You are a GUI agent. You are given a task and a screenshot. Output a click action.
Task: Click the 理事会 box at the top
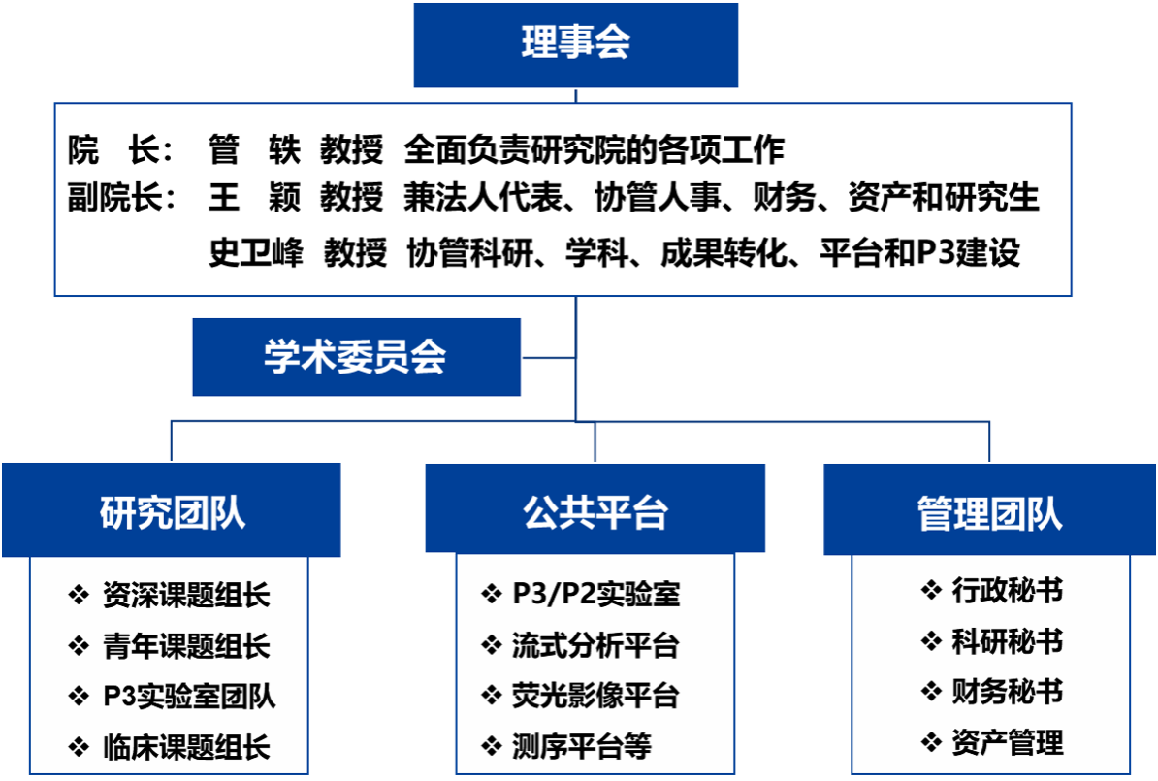(x=575, y=45)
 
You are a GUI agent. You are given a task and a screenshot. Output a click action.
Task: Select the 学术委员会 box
(x=356, y=357)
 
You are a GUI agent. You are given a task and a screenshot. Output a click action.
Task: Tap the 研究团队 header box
(x=172, y=509)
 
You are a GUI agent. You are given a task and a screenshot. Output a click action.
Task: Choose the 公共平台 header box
(x=595, y=508)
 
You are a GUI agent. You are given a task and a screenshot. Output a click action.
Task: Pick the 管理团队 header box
(x=989, y=509)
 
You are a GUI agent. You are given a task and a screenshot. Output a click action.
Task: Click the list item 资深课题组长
(x=186, y=595)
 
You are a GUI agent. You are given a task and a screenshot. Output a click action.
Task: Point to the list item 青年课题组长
(x=186, y=646)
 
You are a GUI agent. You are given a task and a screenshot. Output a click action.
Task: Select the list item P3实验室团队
(x=189, y=696)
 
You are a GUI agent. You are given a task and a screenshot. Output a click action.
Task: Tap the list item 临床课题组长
(x=186, y=747)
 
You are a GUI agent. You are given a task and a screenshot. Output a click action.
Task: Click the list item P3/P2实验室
(x=596, y=594)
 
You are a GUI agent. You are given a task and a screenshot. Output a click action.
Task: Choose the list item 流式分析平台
(x=595, y=645)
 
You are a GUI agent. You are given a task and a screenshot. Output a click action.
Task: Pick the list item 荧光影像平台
(x=595, y=696)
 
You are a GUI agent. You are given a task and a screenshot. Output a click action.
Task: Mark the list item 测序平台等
(x=582, y=746)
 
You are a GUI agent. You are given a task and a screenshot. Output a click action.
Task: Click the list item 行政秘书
(x=1008, y=591)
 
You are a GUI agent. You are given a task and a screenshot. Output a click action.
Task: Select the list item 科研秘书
(x=1008, y=640)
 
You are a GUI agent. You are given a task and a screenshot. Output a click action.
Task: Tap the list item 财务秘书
(x=1008, y=692)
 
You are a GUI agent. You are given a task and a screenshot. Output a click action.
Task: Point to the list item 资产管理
(x=1008, y=742)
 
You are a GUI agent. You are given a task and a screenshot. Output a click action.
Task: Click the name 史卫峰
(x=255, y=252)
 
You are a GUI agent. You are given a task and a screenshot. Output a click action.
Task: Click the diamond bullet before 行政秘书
(x=931, y=590)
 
